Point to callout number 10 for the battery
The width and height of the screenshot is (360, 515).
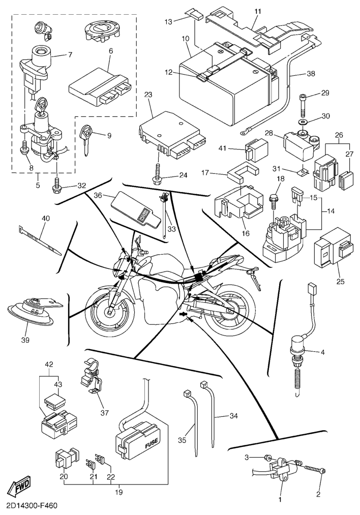click(185, 39)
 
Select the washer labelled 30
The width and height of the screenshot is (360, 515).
click(304, 123)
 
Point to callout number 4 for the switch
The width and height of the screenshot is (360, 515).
click(323, 351)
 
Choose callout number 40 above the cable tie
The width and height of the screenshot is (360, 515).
click(46, 219)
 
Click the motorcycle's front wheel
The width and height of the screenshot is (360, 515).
click(109, 310)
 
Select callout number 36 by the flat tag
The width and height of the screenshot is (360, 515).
click(98, 194)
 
